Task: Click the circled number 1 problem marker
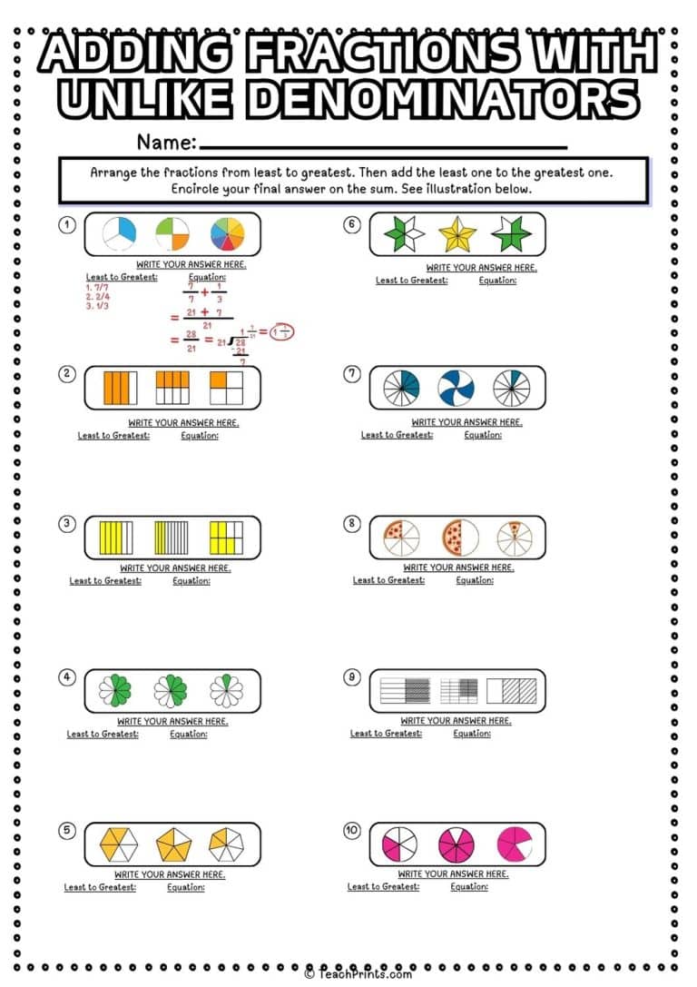click(x=66, y=224)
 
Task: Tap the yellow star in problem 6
click(x=456, y=234)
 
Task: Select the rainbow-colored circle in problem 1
click(x=227, y=234)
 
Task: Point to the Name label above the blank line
click(x=166, y=143)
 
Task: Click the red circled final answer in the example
click(x=283, y=331)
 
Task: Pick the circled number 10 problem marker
click(x=352, y=830)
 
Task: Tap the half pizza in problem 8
click(x=459, y=538)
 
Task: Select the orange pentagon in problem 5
click(x=173, y=844)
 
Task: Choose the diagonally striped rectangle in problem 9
click(x=512, y=691)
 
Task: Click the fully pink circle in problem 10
click(x=456, y=844)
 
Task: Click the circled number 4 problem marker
click(x=66, y=676)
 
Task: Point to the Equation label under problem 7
click(x=483, y=435)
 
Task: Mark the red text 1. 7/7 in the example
click(x=97, y=287)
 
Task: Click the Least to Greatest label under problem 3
click(x=105, y=581)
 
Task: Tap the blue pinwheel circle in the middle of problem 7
click(x=456, y=388)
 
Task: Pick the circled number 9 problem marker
click(x=352, y=676)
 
